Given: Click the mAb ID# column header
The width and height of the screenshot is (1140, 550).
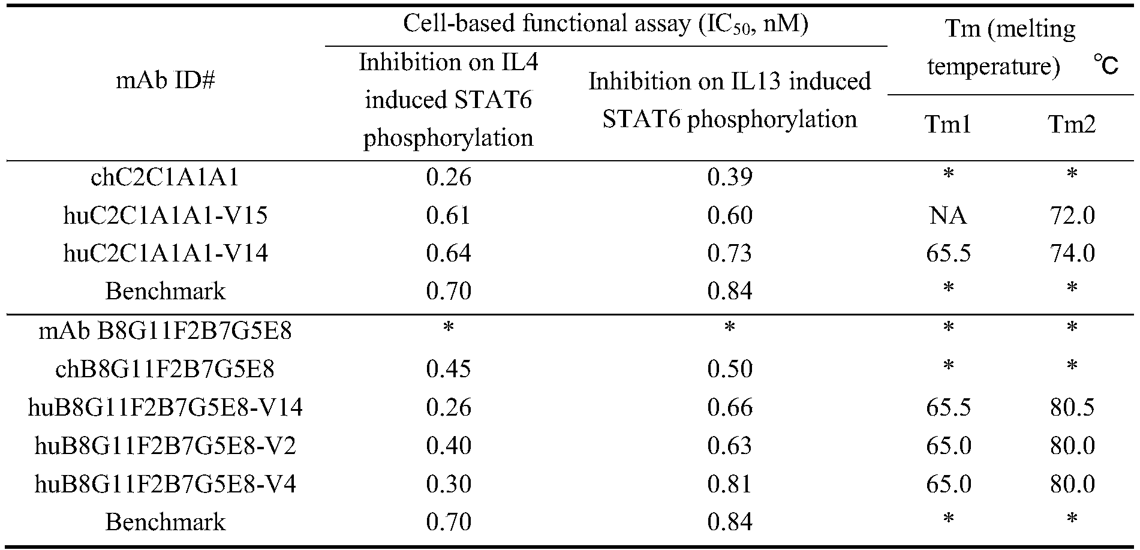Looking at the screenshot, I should (165, 81).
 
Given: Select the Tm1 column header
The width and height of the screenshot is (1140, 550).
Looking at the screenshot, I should (948, 124).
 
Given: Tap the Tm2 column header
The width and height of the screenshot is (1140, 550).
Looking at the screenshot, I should (1072, 124).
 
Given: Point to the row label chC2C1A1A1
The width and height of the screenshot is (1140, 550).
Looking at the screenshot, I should (165, 177).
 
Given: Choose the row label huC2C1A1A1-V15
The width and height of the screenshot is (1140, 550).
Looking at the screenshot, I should (165, 215).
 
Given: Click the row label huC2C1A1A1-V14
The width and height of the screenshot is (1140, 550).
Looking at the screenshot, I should (165, 253).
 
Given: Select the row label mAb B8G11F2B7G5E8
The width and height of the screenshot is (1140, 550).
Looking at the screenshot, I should (165, 330).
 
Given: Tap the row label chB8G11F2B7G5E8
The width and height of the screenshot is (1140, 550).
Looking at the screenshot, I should (165, 369).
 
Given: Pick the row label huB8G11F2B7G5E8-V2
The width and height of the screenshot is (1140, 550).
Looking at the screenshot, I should (165, 446).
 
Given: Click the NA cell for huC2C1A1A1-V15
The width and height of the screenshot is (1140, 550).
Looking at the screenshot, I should (948, 215).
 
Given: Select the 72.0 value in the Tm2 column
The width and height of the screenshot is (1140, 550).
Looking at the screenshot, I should (1072, 215).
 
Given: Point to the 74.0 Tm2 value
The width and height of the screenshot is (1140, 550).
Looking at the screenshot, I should (1072, 253).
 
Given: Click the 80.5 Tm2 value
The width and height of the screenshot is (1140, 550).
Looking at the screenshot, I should (1072, 408).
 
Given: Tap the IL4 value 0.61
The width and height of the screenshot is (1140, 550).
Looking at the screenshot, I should (449, 215).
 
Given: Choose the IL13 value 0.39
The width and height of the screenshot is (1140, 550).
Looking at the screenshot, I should (729, 177).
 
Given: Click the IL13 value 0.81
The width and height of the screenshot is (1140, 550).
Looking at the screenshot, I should (729, 484).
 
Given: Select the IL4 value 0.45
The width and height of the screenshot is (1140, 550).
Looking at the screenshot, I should (449, 369).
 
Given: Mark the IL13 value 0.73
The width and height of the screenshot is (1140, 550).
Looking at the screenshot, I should (729, 253).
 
